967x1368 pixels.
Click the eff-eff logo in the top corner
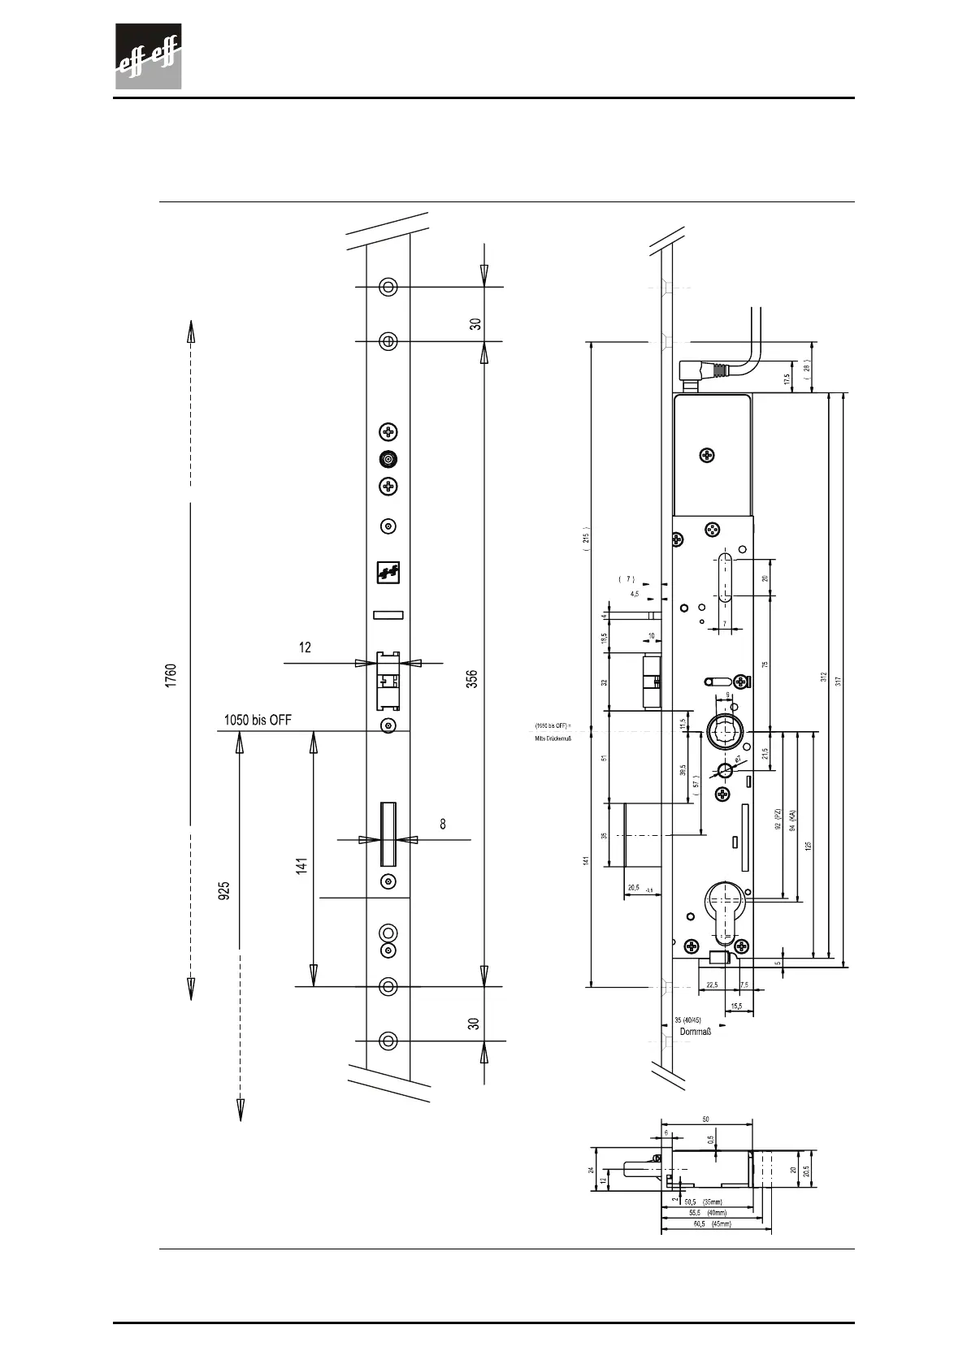click(x=147, y=56)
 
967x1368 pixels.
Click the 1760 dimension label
click(x=171, y=676)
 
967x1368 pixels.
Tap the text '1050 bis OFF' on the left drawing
click(x=257, y=720)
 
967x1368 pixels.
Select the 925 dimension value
click(x=224, y=890)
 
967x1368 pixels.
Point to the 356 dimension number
click(x=471, y=678)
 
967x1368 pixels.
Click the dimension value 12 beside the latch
click(x=305, y=647)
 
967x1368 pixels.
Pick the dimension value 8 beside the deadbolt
click(x=443, y=823)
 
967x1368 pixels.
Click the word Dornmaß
click(x=696, y=1032)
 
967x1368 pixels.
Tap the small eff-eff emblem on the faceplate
click(x=388, y=573)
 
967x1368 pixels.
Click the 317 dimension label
click(x=838, y=679)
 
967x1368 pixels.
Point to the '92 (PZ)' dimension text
click(x=778, y=819)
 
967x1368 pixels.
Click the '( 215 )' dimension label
click(x=586, y=538)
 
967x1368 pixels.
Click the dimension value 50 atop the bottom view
click(x=705, y=1119)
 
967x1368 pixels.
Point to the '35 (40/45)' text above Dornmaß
click(x=687, y=1020)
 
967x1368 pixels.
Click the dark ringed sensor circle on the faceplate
click(x=389, y=460)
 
